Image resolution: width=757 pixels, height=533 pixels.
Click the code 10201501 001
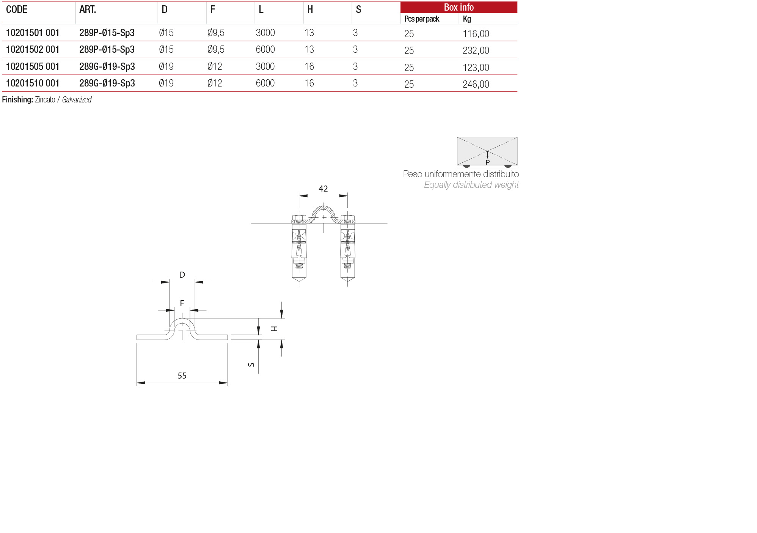click(33, 33)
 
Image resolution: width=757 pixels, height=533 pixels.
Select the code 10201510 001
click(33, 83)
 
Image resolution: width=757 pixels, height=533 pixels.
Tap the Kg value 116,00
click(476, 34)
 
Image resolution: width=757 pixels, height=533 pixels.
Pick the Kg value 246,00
click(476, 85)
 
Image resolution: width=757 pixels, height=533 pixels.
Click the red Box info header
click(459, 7)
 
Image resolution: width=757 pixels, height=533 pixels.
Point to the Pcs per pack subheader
click(421, 19)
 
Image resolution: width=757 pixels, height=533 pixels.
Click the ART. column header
click(88, 9)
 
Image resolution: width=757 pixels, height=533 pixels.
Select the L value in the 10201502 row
click(265, 50)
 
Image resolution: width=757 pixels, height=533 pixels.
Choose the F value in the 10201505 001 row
click(215, 67)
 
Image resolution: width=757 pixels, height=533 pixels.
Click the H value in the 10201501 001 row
click(309, 33)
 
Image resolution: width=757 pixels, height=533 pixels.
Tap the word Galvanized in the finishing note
click(77, 100)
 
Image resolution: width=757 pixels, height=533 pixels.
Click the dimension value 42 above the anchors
click(323, 189)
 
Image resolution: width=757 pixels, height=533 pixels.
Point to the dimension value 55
click(182, 376)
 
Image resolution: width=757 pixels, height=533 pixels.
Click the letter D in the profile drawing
click(182, 275)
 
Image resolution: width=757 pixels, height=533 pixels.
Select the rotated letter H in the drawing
click(274, 329)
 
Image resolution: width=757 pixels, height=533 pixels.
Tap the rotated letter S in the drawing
click(251, 365)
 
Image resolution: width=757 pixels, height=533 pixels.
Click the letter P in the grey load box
click(488, 162)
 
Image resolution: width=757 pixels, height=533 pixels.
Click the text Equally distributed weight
click(471, 185)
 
